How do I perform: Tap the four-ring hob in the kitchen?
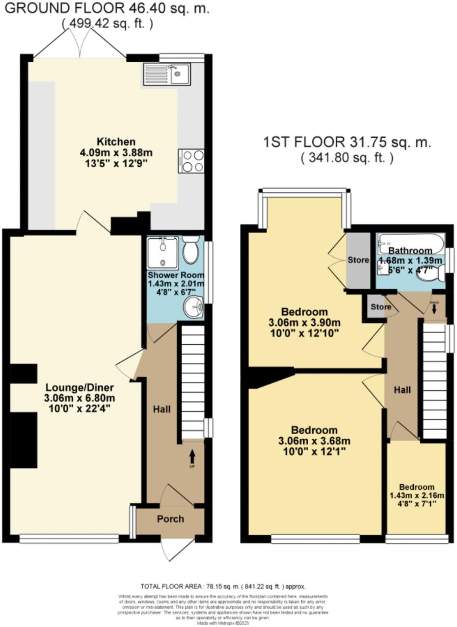191,161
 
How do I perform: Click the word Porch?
170,519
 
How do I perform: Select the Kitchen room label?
116,142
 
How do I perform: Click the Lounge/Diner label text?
76,387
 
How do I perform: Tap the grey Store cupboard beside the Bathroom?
358,260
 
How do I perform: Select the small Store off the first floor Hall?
381,307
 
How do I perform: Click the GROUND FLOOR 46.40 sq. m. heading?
107,9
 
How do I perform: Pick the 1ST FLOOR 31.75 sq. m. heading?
347,142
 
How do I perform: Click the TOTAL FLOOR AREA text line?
222,586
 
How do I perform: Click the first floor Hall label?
402,390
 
